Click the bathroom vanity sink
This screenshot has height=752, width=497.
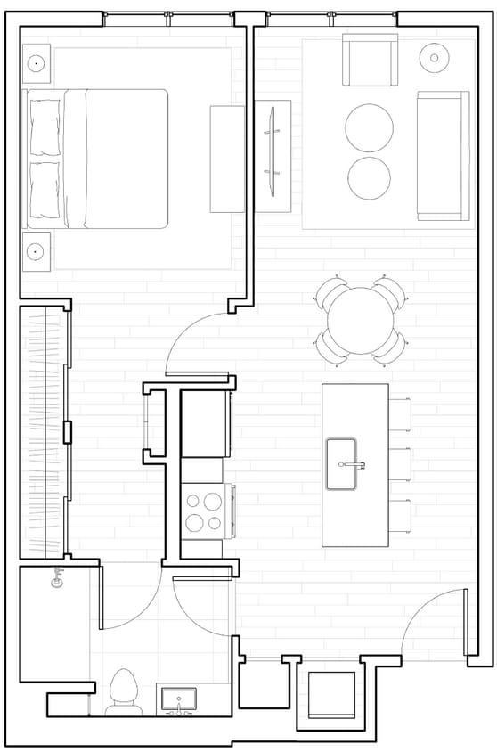click(181, 698)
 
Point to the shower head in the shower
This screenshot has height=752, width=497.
click(60, 576)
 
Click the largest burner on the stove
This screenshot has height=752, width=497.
click(213, 501)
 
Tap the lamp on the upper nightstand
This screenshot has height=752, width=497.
click(37, 64)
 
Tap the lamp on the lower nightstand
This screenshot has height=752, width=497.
click(37, 250)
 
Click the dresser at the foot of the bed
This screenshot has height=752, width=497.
click(227, 159)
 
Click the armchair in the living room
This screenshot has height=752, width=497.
click(370, 61)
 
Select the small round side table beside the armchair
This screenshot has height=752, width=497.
click(434, 58)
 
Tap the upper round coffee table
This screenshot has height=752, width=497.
click(369, 127)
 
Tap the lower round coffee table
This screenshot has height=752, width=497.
click(369, 178)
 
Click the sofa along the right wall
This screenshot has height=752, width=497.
click(442, 155)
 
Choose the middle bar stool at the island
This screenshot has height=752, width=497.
click(400, 464)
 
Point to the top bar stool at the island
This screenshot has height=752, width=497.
click(400, 413)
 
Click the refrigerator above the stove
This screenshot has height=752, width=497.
click(206, 424)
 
